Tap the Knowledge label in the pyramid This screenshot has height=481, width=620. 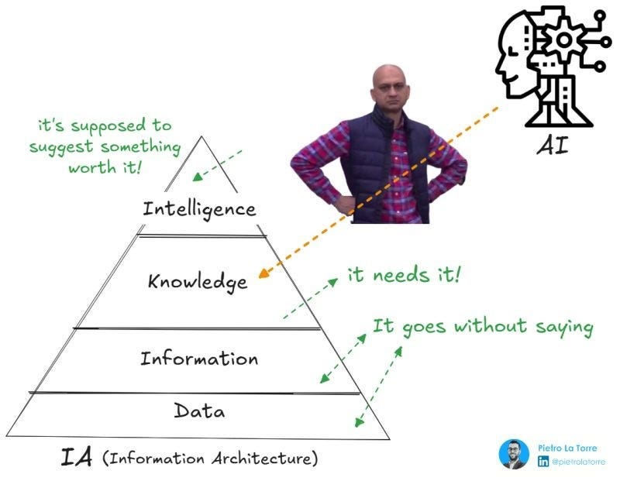pos(198,280)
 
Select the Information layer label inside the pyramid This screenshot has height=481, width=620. pos(198,359)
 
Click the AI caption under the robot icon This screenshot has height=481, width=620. pos(552,144)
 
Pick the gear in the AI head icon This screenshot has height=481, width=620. pos(564,38)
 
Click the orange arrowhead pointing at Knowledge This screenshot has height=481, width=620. pos(263,272)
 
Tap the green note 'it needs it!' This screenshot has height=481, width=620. pos(404,275)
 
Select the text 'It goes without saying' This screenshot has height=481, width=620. pos(483,327)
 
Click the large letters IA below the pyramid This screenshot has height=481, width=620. pos(77,457)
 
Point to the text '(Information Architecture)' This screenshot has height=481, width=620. pos(210,459)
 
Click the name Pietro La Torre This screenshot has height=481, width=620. pos(567,448)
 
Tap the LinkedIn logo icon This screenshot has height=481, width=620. pos(543,462)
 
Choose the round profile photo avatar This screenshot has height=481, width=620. pos(514,454)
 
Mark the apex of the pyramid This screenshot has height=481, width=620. pos(203,137)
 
